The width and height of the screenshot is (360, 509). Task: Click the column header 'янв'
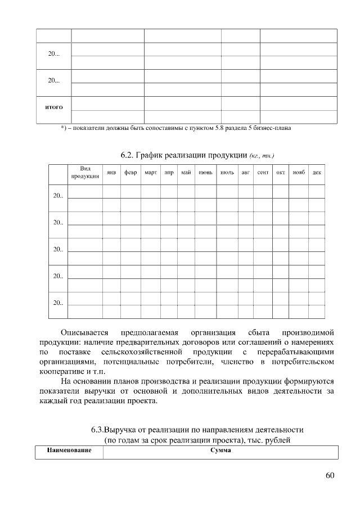tap(111, 173)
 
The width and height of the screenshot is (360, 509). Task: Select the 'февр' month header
tap(130, 173)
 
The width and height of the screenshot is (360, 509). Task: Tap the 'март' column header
tap(150, 173)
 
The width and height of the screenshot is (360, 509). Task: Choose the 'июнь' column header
tap(205, 173)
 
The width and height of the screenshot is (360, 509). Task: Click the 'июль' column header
tap(227, 173)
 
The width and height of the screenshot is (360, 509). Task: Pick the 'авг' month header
tap(245, 173)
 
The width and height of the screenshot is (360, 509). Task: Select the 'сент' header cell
tap(263, 173)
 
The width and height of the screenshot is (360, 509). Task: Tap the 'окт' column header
tap(281, 173)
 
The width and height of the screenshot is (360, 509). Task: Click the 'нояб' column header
tap(299, 173)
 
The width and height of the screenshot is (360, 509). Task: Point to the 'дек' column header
tap(317, 173)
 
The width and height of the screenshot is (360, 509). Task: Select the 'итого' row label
tap(53, 107)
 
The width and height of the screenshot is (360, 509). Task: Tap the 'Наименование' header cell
tap(69, 452)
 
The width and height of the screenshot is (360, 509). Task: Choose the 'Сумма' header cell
tap(220, 452)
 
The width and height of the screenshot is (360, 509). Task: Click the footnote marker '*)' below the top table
tap(64, 129)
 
